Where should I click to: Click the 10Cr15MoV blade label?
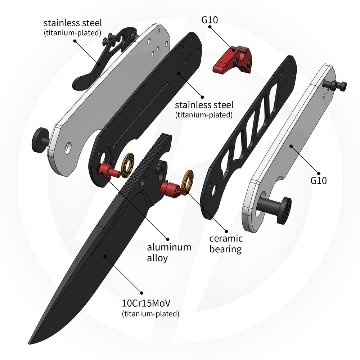tap(146, 303)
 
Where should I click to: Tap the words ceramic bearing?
tap(226, 244)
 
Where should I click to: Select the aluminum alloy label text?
tap(169, 253)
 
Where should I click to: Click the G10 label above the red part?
tap(210, 20)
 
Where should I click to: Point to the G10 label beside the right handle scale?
tap(319, 181)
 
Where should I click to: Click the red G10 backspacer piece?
tap(232, 60)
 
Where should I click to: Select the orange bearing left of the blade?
tap(128, 165)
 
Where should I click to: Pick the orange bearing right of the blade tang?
tap(187, 183)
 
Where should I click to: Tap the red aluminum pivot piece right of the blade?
tap(171, 189)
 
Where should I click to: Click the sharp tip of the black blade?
tap(28, 344)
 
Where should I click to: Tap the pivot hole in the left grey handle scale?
tap(68, 148)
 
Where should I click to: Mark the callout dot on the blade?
tap(105, 256)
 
